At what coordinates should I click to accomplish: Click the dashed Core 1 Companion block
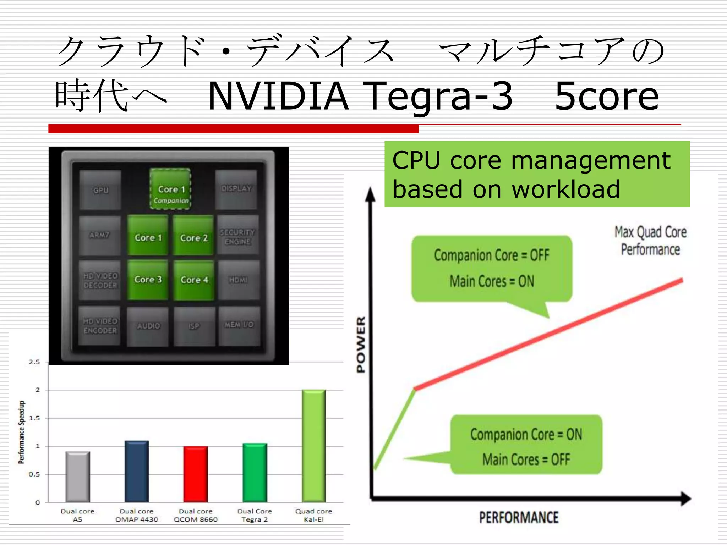click(170, 189)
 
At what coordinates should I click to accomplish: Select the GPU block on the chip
click(100, 190)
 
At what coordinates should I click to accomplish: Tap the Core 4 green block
click(194, 280)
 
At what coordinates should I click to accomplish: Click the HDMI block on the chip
click(238, 280)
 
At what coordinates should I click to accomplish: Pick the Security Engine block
click(237, 236)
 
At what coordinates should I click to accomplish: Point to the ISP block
click(194, 326)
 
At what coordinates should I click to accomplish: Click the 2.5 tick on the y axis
click(34, 362)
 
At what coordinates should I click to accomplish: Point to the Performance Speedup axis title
click(22, 432)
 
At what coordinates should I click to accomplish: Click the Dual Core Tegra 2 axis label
click(255, 515)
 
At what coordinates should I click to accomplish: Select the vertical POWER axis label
click(361, 344)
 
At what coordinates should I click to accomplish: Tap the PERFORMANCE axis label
click(519, 517)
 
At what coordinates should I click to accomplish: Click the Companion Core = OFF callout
click(492, 268)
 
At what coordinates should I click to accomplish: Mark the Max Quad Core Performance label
click(650, 241)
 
